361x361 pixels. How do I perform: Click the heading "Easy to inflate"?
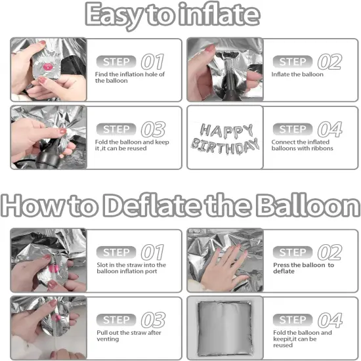pyautogui.click(x=180, y=15)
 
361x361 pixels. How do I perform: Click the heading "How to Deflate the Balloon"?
pyautogui.click(x=180, y=205)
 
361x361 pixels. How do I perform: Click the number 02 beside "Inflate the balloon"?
pyautogui.click(x=329, y=62)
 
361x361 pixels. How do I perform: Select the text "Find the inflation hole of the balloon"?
pyautogui.click(x=130, y=77)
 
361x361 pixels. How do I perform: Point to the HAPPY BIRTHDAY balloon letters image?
pyautogui.click(x=224, y=137)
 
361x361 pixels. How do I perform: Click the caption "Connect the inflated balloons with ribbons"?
pyautogui.click(x=303, y=145)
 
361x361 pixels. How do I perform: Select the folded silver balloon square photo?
pyautogui.click(x=224, y=328)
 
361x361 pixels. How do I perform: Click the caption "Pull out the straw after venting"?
pyautogui.click(x=125, y=335)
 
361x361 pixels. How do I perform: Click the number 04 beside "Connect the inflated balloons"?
pyautogui.click(x=329, y=130)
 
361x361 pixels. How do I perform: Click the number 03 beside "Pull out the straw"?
pyautogui.click(x=153, y=320)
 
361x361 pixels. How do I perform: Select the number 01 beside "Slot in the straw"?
pyautogui.click(x=153, y=252)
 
